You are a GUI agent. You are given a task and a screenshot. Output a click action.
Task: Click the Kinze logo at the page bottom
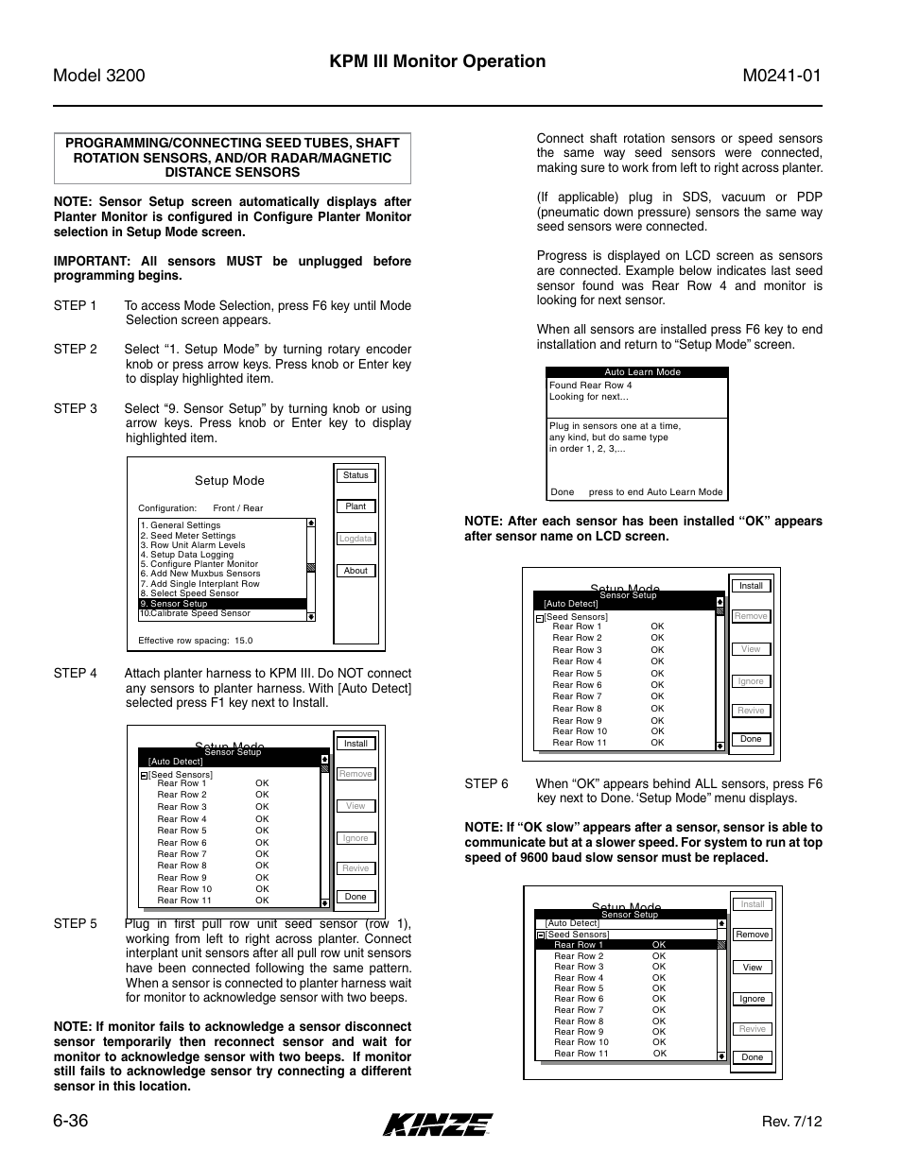click(438, 1124)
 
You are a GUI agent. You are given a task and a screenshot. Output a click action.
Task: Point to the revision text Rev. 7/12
click(791, 1122)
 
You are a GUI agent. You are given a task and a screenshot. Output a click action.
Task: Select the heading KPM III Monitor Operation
click(438, 61)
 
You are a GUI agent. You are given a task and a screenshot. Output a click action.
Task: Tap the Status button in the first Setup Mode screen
click(356, 475)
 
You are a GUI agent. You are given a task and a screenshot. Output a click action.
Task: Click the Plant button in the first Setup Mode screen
click(356, 506)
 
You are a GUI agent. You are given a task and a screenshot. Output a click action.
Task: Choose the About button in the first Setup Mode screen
click(356, 571)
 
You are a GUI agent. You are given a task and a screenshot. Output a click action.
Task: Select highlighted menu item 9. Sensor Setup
click(222, 604)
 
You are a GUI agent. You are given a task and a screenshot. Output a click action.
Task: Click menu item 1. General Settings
click(181, 525)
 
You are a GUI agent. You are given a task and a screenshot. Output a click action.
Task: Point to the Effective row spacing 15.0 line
click(196, 641)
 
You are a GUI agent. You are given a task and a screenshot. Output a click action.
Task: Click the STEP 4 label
click(75, 674)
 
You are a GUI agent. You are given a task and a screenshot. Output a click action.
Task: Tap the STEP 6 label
click(486, 784)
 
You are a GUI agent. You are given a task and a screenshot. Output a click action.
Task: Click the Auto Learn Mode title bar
click(642, 372)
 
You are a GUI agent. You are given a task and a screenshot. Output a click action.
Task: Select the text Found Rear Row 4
click(591, 386)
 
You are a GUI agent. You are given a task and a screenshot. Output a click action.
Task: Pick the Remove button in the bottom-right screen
click(753, 935)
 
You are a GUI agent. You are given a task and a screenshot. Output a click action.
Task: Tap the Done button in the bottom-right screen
click(753, 1057)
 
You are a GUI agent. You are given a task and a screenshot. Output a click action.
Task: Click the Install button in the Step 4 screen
click(356, 744)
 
